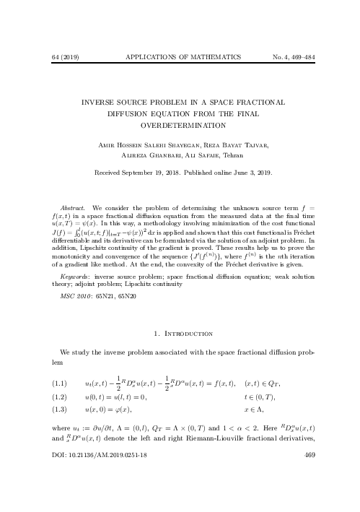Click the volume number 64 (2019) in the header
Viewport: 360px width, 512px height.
[x=58, y=56]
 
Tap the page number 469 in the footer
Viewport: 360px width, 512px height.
[x=311, y=496]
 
